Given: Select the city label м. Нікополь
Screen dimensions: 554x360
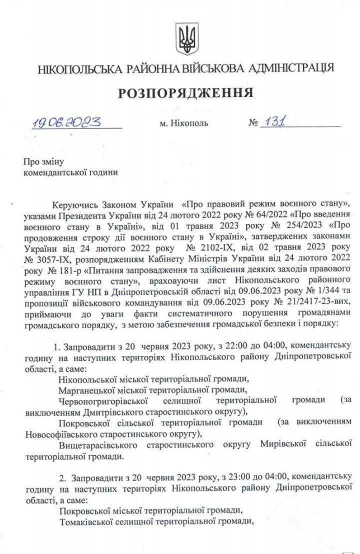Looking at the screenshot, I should point(180,123).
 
